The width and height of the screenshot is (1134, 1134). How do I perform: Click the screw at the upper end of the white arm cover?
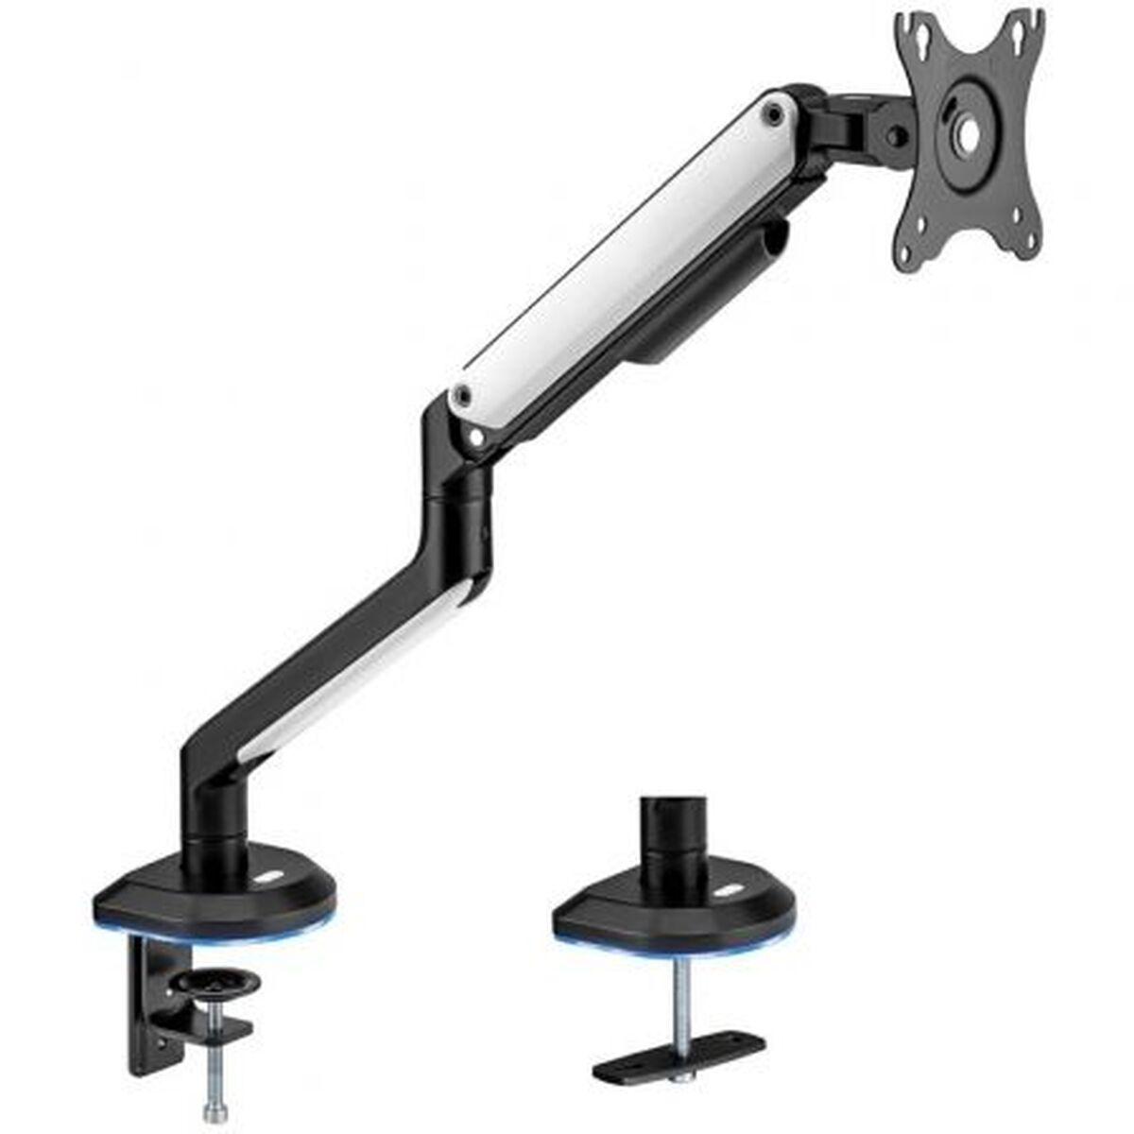(x=777, y=114)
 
